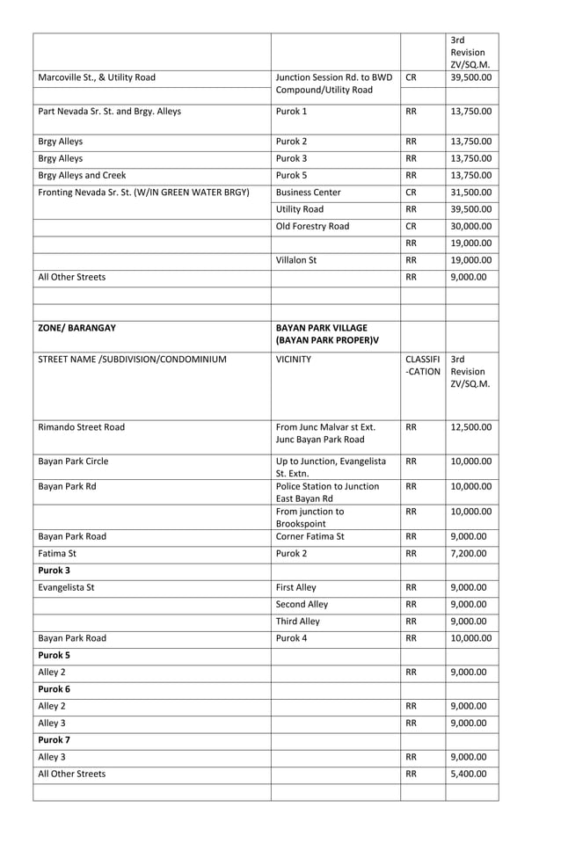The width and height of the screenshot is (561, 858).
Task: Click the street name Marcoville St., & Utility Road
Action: click(97, 77)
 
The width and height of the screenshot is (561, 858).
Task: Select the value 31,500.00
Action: click(470, 193)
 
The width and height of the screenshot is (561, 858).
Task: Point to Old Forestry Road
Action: click(312, 226)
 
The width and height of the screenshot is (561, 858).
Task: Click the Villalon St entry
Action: click(298, 260)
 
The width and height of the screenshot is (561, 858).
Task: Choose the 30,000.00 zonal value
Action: click(470, 226)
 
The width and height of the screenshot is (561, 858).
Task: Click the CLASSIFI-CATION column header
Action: click(423, 366)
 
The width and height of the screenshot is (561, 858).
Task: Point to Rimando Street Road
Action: click(81, 428)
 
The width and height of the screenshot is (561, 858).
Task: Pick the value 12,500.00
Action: click(470, 428)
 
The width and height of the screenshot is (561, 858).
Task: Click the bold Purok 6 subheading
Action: click(54, 689)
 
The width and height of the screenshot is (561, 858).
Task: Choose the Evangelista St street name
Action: click(67, 587)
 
